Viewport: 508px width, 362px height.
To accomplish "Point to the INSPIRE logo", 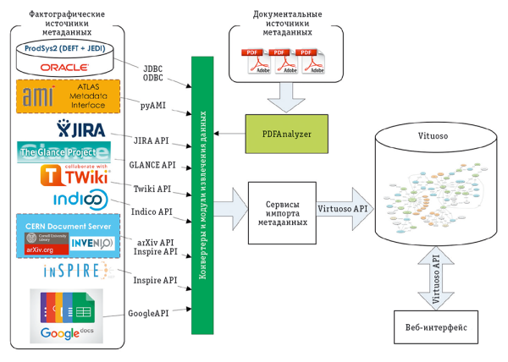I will click(76, 271).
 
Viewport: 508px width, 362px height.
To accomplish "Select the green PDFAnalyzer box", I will click(280, 133).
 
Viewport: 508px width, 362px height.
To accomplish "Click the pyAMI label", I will click(154, 106).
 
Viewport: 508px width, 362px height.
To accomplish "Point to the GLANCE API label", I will click(152, 165).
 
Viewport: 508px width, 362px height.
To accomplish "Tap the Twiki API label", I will click(152, 188).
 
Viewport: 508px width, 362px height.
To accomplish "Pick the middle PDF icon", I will click(284, 61).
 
